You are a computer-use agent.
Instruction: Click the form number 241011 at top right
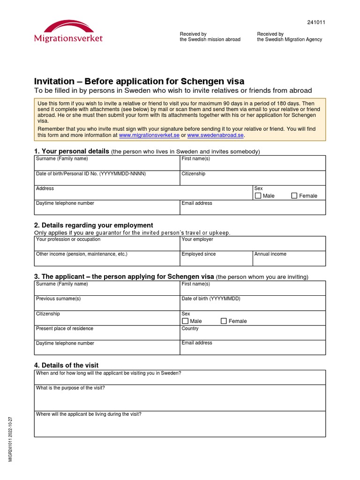coord(316,22)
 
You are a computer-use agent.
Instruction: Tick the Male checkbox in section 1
coord(258,195)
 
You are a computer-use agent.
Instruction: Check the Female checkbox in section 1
coord(294,195)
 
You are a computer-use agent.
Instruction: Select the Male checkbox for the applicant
coord(185,321)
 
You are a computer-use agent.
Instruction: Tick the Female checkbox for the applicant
coord(224,321)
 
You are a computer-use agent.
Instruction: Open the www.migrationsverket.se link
coord(149,135)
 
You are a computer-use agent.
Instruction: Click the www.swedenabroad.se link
coord(215,135)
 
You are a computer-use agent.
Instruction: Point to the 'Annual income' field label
coord(270,254)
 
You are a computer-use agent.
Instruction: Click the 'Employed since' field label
coord(199,254)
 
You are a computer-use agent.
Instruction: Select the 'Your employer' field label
coord(197,239)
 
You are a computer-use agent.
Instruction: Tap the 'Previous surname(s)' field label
coord(58,299)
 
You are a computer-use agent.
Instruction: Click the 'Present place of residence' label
coord(65,329)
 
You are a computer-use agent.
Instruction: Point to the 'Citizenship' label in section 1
coord(194,174)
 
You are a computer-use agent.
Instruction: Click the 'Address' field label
coord(45,188)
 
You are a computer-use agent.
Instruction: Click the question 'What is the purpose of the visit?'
coord(70,388)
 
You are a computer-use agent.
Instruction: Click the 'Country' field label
coord(190,329)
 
